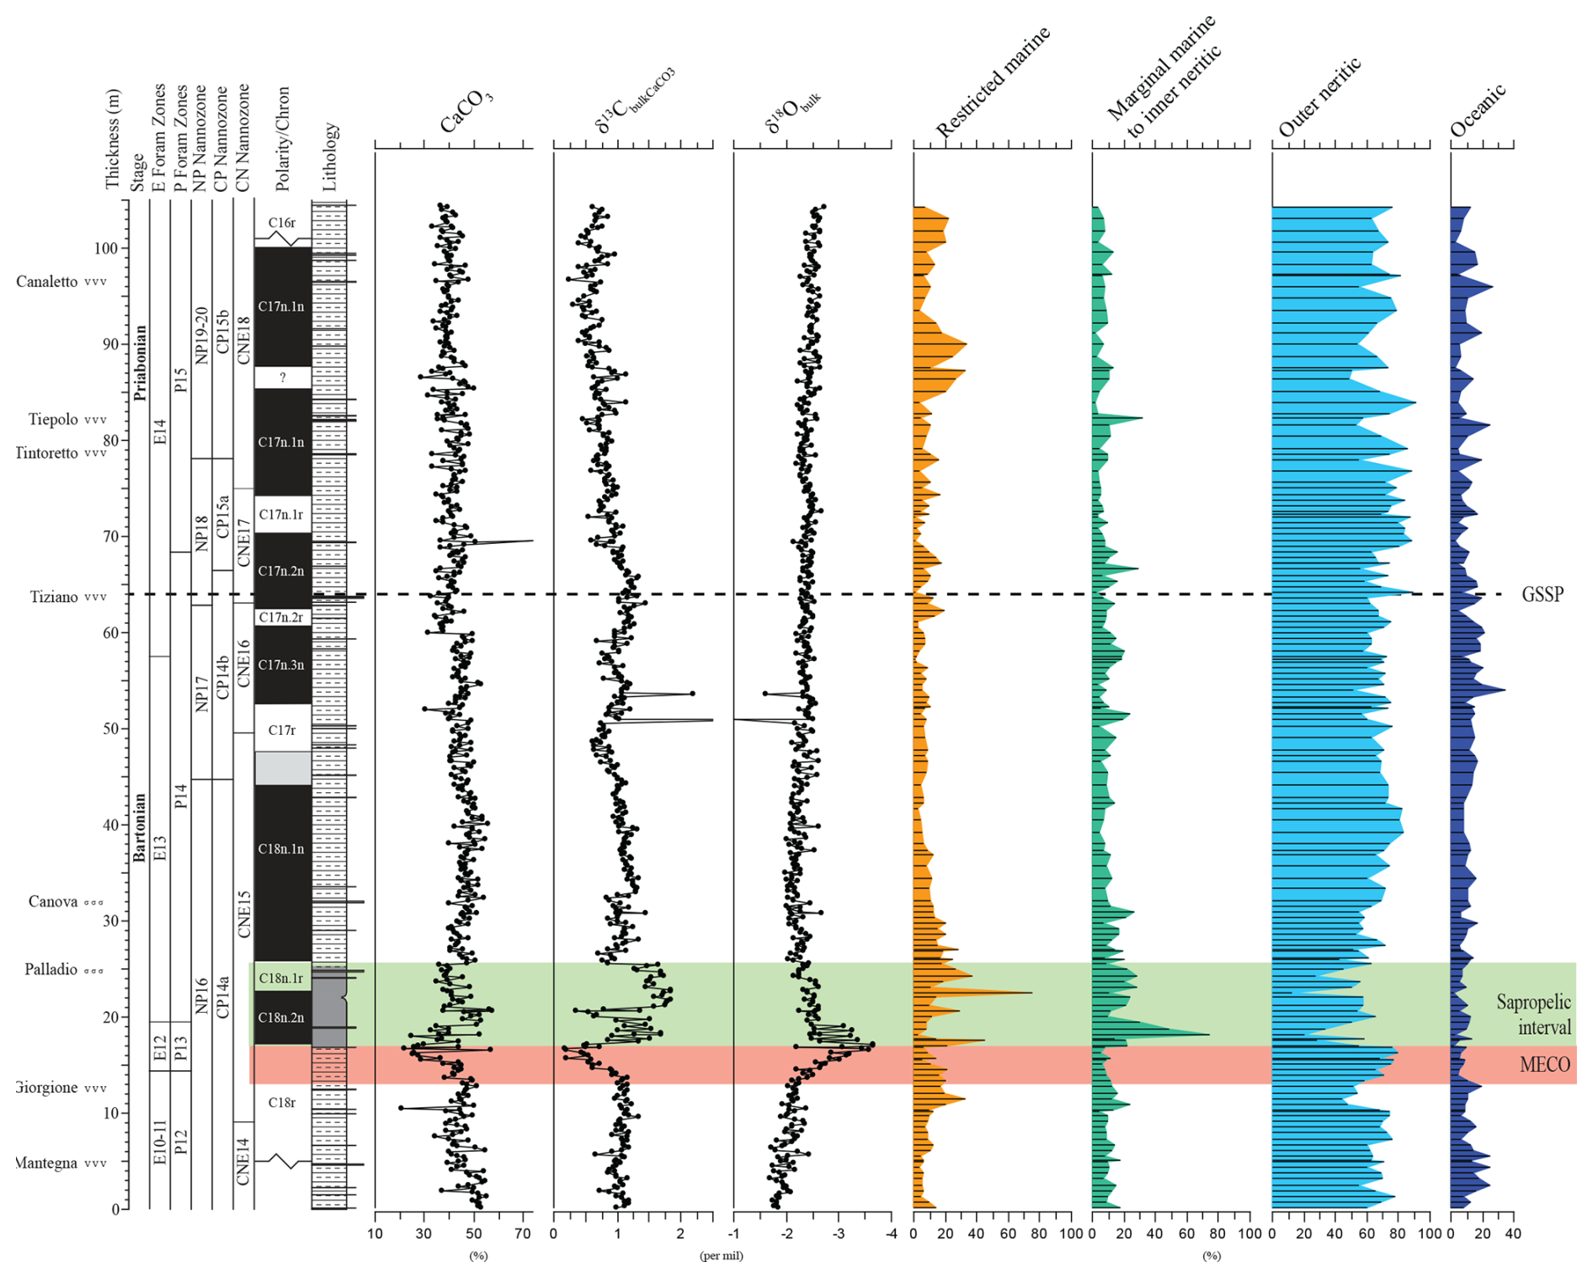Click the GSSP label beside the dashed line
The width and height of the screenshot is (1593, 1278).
tap(1542, 594)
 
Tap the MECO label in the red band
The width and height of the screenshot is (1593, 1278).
tap(1544, 1065)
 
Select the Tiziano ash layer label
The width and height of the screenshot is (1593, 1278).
tap(54, 597)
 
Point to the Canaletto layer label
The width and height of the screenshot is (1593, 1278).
tap(47, 281)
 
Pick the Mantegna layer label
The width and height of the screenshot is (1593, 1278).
tap(46, 1164)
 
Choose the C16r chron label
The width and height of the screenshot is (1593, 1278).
tap(282, 223)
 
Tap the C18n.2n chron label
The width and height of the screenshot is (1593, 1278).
tap(281, 1018)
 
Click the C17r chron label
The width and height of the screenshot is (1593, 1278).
tap(282, 730)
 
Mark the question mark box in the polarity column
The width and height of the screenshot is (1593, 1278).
tap(283, 378)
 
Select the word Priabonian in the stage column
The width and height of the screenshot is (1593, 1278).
tap(140, 363)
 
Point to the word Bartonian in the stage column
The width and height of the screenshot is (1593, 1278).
tap(140, 827)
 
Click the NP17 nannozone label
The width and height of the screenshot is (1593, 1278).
tap(201, 694)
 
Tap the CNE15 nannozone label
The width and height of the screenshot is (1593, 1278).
tap(244, 914)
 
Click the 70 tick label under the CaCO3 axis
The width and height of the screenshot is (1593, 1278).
tap(523, 1233)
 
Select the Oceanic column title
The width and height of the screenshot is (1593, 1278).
tap(1478, 112)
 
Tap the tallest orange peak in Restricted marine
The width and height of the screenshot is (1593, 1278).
tap(1031, 993)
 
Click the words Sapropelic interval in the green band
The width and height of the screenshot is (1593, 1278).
tap(1533, 1014)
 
